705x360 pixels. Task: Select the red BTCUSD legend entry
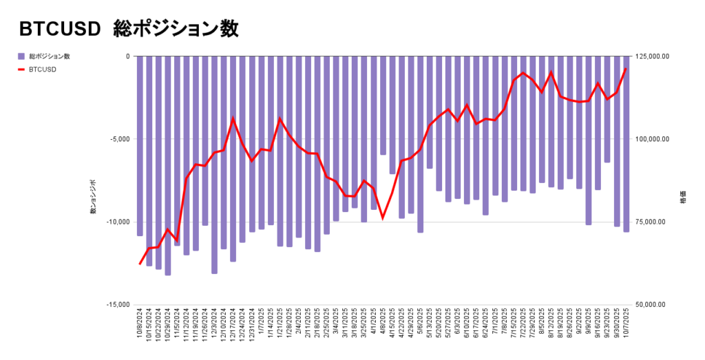coord(43,69)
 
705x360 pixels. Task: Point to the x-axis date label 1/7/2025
coord(262,324)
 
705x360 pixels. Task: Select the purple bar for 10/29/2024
coord(168,165)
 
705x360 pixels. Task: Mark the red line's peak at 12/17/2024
coord(233,118)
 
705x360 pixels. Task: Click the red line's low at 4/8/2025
coord(383,218)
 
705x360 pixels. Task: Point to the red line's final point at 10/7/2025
coord(626,68)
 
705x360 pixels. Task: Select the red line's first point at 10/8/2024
coord(140,264)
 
